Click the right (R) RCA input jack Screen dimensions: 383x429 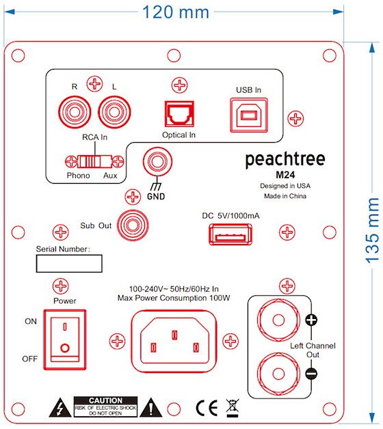75,112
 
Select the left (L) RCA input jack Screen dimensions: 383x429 114,112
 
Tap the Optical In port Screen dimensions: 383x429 179,114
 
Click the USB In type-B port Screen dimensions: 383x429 249,115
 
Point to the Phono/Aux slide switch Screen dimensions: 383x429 94,161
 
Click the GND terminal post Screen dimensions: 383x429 157,161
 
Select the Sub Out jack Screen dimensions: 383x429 133,225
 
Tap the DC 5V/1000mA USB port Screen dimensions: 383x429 230,234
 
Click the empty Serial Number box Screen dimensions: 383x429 69,264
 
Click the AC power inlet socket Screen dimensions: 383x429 174,341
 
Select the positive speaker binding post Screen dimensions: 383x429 278,320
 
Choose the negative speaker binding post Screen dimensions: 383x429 278,374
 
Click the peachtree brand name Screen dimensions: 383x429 285,159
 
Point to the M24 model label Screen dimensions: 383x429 285,175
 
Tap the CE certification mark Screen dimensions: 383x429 207,409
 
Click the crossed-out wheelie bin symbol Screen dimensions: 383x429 233,408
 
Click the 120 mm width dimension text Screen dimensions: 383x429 176,12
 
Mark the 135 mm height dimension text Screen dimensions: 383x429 372,231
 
